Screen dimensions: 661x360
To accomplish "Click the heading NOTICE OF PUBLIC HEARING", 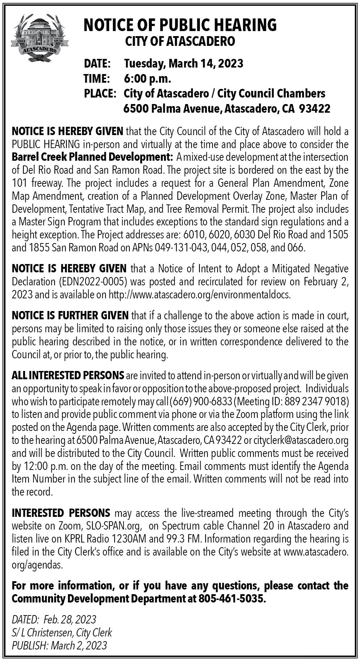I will click(x=180, y=25).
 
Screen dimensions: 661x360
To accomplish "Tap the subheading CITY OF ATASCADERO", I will click(x=180, y=42).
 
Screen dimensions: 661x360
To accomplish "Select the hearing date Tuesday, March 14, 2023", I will click(x=184, y=64).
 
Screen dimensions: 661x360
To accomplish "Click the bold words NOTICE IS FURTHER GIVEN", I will click(x=70, y=315).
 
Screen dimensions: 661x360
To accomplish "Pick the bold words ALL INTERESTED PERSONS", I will click(x=68, y=376).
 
